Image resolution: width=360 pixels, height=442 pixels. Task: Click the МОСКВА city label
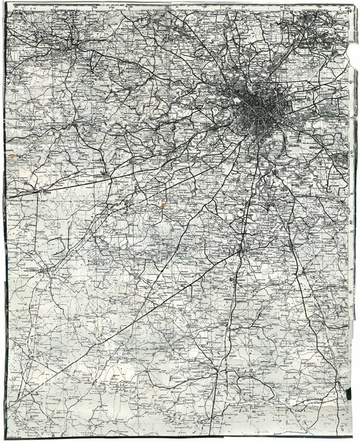coord(230,102)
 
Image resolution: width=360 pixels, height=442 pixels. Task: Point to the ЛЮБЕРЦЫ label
coord(326,145)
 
